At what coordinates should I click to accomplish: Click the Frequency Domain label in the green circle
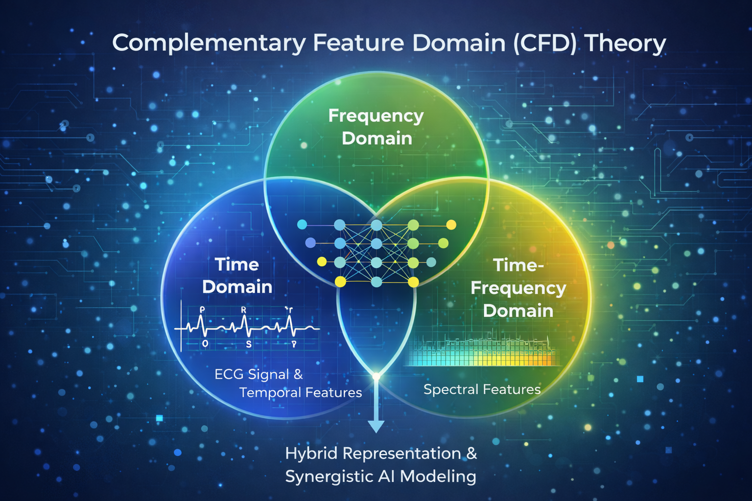click(376, 127)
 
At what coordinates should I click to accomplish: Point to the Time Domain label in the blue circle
click(237, 275)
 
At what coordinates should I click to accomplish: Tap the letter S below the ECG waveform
click(249, 344)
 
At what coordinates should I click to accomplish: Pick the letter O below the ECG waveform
click(205, 344)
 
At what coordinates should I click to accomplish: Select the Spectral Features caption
click(482, 389)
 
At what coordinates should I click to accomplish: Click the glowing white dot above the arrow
click(376, 376)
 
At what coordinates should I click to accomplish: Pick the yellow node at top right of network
click(451, 225)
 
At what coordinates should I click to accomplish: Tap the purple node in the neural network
click(310, 243)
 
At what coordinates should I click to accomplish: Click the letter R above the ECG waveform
click(243, 310)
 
